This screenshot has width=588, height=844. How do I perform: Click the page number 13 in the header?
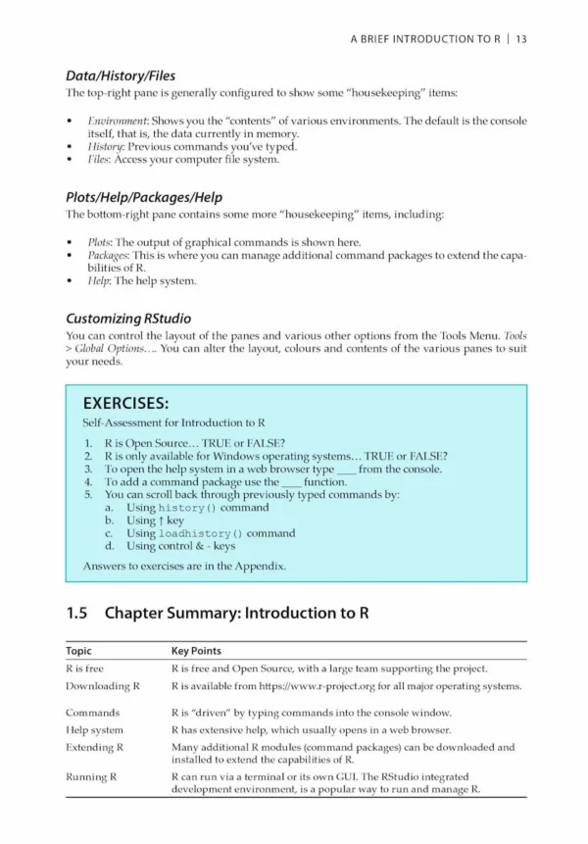[520, 39]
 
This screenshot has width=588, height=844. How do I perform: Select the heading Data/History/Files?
[121, 74]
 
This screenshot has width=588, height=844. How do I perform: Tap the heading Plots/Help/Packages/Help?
[143, 195]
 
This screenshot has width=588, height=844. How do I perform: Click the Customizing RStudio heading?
[128, 318]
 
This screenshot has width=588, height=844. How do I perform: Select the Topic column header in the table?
[79, 651]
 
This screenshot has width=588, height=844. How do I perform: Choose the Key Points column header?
[196, 651]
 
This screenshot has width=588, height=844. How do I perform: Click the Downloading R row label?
[103, 685]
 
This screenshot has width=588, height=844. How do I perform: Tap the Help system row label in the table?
[95, 730]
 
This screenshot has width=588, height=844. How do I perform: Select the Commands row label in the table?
[93, 713]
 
